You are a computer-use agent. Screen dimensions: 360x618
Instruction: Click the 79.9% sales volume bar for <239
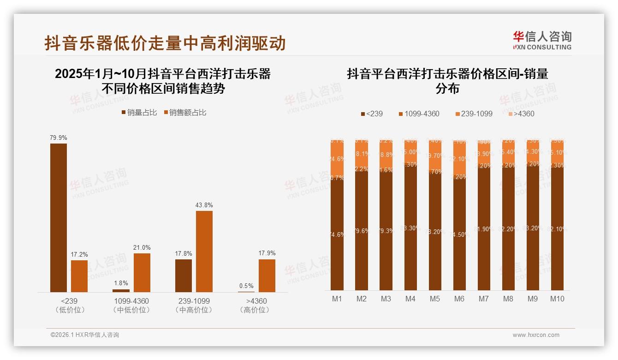tap(59, 217)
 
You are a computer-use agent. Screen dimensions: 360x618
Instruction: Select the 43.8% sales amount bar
tap(204, 251)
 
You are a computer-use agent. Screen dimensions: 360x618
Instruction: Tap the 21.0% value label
tap(142, 248)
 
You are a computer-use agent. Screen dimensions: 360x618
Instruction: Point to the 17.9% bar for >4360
tap(267, 276)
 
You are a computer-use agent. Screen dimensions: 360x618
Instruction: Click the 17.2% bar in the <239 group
tap(79, 276)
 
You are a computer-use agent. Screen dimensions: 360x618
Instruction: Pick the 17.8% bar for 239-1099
tap(184, 276)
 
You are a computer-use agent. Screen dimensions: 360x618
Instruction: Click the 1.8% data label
tap(121, 283)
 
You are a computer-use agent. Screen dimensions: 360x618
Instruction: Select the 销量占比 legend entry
tap(139, 113)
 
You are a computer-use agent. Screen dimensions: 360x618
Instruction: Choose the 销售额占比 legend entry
tap(185, 113)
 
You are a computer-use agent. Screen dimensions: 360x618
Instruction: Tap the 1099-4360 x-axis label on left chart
tap(131, 301)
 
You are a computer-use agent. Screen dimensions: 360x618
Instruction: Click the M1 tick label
tap(337, 299)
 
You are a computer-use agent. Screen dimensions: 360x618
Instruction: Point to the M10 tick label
tap(557, 299)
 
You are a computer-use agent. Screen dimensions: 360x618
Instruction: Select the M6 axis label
tap(459, 299)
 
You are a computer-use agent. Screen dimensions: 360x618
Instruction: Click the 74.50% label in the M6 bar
tap(459, 234)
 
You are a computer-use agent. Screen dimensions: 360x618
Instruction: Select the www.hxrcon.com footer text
tap(536, 335)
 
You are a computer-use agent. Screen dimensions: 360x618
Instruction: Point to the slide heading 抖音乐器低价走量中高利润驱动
tap(165, 43)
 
